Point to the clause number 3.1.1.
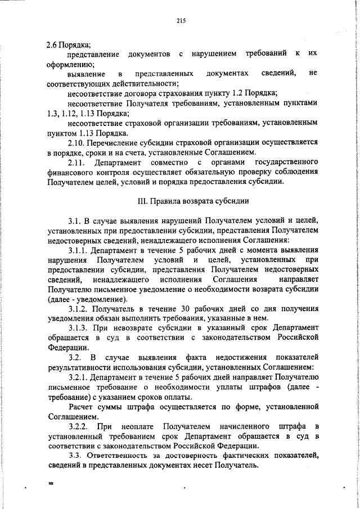pyautogui.click(x=78, y=250)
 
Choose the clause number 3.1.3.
pyautogui.click(x=78, y=328)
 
